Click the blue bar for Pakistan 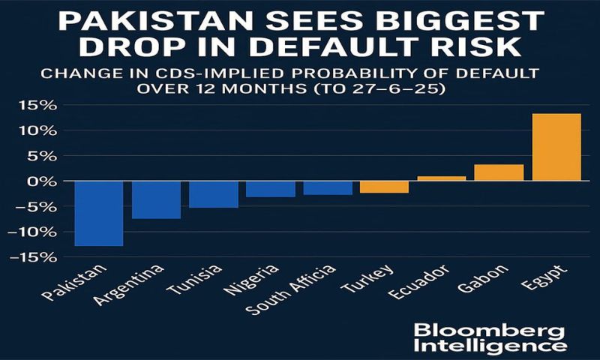coord(99,213)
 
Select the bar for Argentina coord(157,199)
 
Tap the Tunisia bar coord(214,193)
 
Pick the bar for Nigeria coord(271,189)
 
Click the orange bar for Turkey coord(385,187)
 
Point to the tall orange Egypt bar coord(556,147)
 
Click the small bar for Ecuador coord(442,178)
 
